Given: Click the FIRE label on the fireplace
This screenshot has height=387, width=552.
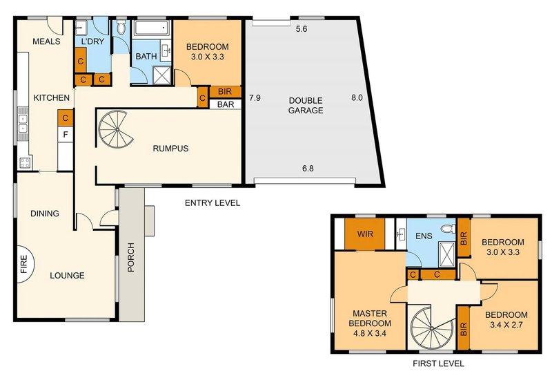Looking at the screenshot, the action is click(x=23, y=265).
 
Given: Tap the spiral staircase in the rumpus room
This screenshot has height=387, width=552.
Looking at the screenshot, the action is click(x=117, y=130).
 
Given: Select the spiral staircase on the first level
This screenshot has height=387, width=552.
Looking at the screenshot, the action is click(x=431, y=328).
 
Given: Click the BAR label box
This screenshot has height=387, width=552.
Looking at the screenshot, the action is click(x=226, y=104).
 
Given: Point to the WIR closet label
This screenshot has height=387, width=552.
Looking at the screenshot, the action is click(x=365, y=234).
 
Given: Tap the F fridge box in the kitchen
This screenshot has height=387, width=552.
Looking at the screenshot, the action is click(x=66, y=134).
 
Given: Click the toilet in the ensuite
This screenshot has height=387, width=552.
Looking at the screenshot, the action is click(x=448, y=229).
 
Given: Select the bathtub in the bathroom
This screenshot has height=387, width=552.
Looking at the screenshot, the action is click(x=152, y=28).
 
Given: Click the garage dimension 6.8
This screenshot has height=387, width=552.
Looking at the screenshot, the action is click(x=308, y=169).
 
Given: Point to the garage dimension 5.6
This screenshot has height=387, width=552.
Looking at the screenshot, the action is click(x=302, y=29).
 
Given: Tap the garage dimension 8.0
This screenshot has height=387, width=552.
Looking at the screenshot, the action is click(x=357, y=97).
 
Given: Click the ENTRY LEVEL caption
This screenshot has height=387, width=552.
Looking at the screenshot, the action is click(x=213, y=203).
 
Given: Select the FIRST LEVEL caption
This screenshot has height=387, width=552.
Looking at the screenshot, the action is click(x=438, y=364).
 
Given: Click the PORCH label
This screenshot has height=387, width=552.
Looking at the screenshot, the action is click(x=131, y=257).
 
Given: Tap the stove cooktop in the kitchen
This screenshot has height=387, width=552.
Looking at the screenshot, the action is click(x=25, y=162).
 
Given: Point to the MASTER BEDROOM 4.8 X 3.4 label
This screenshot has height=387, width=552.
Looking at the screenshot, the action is click(x=369, y=323).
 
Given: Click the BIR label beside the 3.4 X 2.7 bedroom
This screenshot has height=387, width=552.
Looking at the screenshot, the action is click(x=463, y=329).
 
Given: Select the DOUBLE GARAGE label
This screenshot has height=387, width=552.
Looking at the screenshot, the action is click(x=306, y=105).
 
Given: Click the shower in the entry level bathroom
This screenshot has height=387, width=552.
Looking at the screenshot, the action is click(x=163, y=75).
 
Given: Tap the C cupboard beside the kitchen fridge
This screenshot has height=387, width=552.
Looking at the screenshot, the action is click(x=66, y=118).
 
